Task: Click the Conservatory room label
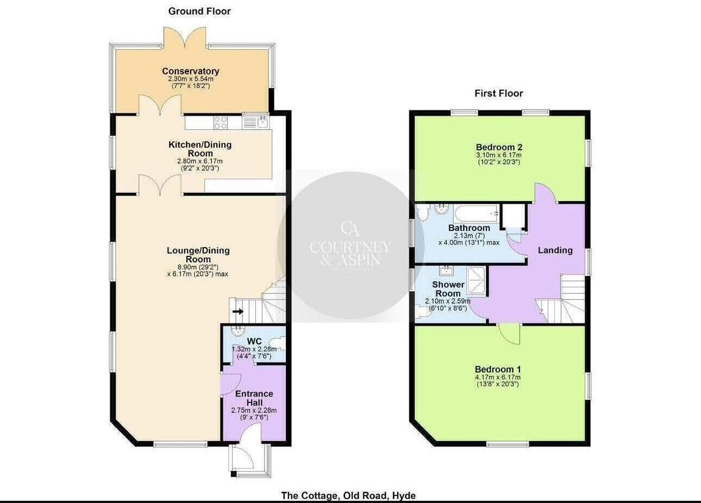(190, 71)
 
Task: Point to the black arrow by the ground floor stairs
(238, 312)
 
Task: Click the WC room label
(254, 341)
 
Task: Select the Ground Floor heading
(199, 11)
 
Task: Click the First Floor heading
(498, 93)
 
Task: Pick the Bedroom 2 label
(499, 147)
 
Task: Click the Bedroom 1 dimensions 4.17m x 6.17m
(498, 377)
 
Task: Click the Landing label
(555, 250)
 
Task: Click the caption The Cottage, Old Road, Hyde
(348, 495)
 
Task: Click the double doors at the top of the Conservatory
(185, 38)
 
